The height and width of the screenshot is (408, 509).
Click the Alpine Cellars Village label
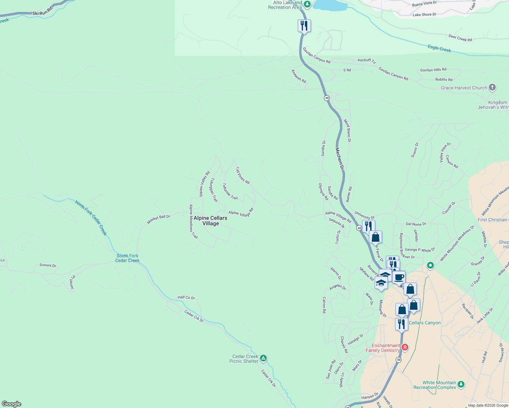click(x=210, y=221)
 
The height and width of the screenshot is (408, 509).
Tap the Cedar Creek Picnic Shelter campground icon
click(x=263, y=358)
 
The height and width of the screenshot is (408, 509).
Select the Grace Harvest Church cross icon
click(x=492, y=87)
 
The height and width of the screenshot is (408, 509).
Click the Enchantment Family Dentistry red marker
click(x=405, y=347)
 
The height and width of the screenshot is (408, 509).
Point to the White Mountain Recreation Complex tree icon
click(x=461, y=384)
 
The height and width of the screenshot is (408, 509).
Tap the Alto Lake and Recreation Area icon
click(x=307, y=4)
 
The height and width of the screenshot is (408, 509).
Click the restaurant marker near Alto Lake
click(x=304, y=26)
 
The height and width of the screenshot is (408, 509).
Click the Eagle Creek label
click(x=439, y=49)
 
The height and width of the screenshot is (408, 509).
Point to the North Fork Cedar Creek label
click(x=91, y=218)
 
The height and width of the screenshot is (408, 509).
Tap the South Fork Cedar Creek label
click(x=127, y=258)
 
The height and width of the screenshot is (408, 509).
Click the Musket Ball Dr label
click(x=159, y=219)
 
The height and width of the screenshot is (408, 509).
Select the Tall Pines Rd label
click(x=243, y=175)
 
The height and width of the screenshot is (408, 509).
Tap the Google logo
click(x=12, y=404)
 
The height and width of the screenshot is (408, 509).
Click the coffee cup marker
click(x=399, y=277)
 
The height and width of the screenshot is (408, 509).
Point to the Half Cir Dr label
click(x=186, y=297)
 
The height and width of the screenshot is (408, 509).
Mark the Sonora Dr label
click(x=48, y=265)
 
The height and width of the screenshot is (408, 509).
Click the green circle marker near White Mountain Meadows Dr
click(x=430, y=265)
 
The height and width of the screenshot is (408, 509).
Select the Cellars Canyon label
click(x=425, y=323)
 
